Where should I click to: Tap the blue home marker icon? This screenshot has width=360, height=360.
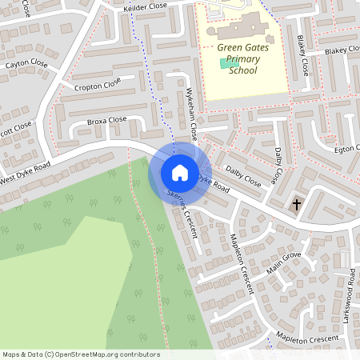point(180,172)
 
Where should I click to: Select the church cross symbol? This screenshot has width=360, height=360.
point(297,205)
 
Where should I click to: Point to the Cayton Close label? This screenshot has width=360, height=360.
point(26,64)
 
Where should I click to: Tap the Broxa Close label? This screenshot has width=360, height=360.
point(106,121)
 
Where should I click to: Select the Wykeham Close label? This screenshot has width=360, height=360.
point(192,110)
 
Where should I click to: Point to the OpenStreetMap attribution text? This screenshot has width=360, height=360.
point(81,354)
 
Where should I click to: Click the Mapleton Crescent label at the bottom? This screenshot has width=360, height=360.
point(301,339)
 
